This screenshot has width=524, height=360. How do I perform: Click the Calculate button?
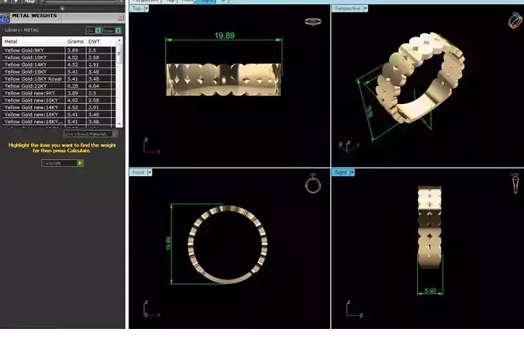62,163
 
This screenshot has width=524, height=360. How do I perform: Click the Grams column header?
75,41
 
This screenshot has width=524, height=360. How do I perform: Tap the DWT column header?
94,41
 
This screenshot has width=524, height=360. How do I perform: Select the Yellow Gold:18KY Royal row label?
33,78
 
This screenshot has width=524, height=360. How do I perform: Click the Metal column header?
11,41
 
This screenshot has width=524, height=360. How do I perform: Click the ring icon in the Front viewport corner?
312,184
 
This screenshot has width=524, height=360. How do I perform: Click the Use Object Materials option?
90,133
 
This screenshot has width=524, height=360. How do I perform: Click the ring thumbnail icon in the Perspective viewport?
516,19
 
